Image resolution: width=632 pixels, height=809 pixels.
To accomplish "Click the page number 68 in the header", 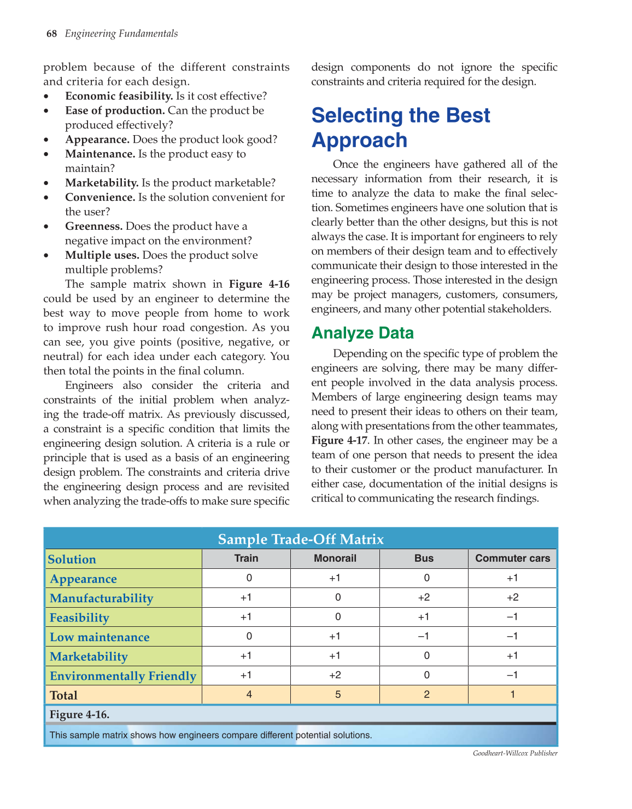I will click(x=51, y=34).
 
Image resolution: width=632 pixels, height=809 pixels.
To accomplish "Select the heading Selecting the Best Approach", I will click(x=400, y=127).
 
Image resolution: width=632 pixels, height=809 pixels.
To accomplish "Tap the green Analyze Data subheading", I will click(x=362, y=333).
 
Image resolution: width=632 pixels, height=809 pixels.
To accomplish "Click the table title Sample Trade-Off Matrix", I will click(x=301, y=539).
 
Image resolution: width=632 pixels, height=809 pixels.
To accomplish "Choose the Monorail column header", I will click(x=335, y=558).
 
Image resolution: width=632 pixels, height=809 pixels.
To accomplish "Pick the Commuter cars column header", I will click(x=512, y=558).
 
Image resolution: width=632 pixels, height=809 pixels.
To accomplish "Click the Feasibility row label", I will click(x=79, y=618).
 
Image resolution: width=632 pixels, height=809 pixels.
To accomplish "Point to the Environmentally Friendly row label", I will click(x=123, y=676).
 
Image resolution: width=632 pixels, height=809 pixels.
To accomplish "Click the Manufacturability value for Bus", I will click(x=424, y=598).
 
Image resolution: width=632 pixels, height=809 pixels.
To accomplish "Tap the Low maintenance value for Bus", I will click(x=424, y=637).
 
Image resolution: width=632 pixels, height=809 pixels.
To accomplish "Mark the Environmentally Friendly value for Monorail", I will click(x=335, y=676).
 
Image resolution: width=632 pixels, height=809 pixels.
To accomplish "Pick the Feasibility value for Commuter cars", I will click(x=512, y=617).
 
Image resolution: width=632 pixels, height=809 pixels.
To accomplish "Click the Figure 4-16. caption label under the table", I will click(x=79, y=714).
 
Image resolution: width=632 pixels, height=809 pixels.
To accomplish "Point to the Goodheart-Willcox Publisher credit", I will click(x=515, y=754).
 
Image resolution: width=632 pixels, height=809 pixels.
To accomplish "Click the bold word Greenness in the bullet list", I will click(x=93, y=226).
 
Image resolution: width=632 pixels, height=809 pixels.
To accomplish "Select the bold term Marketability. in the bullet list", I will click(x=102, y=183).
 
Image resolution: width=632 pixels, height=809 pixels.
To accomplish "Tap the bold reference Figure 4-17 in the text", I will click(x=339, y=440).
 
